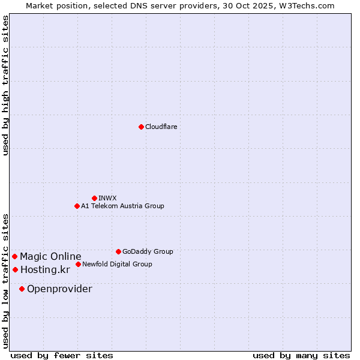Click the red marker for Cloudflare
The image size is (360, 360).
(141, 127)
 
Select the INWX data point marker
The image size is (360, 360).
(94, 198)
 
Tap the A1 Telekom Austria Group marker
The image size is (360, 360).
(77, 206)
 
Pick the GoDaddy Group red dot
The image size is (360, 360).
(118, 251)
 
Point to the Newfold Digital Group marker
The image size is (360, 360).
(79, 264)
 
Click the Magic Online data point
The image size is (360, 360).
(15, 257)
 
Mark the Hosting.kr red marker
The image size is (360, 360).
(16, 269)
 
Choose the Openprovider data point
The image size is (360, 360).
(22, 289)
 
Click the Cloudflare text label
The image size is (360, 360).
(161, 127)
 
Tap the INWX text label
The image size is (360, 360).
(107, 198)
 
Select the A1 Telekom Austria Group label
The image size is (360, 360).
(122, 206)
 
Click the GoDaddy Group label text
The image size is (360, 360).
(148, 251)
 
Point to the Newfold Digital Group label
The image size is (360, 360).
(117, 264)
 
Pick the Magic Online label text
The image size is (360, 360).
(50, 257)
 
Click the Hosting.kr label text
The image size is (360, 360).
(45, 270)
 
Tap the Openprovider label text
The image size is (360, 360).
(59, 289)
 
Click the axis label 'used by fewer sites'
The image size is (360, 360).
(62, 355)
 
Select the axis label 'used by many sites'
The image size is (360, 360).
(301, 355)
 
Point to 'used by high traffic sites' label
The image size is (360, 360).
(6, 85)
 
